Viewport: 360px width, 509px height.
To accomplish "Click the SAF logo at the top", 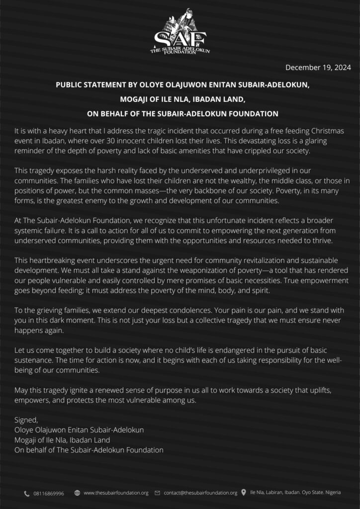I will click(x=180, y=32).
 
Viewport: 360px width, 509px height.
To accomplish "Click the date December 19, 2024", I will click(x=318, y=68).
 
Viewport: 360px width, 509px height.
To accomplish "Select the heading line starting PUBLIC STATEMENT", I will click(x=182, y=85).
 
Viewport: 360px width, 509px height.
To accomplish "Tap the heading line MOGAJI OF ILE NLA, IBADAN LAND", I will click(x=182, y=99).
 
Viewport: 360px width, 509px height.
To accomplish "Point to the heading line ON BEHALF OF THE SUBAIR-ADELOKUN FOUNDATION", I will click(x=182, y=113).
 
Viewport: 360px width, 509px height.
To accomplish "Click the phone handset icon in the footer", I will click(x=26, y=493).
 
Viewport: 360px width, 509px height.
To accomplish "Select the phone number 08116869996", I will click(x=49, y=493).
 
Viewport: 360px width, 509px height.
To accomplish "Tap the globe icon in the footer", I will click(x=77, y=493).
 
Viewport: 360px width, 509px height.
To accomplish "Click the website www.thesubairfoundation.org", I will click(x=116, y=493).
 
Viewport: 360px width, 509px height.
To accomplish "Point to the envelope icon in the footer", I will click(x=158, y=493).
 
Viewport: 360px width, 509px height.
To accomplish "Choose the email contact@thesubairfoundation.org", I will click(x=200, y=493).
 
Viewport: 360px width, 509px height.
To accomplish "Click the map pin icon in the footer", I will click(x=244, y=493).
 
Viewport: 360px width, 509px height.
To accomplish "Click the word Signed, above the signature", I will click(x=26, y=420).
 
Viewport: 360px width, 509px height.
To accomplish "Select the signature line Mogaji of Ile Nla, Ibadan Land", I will click(x=62, y=440).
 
